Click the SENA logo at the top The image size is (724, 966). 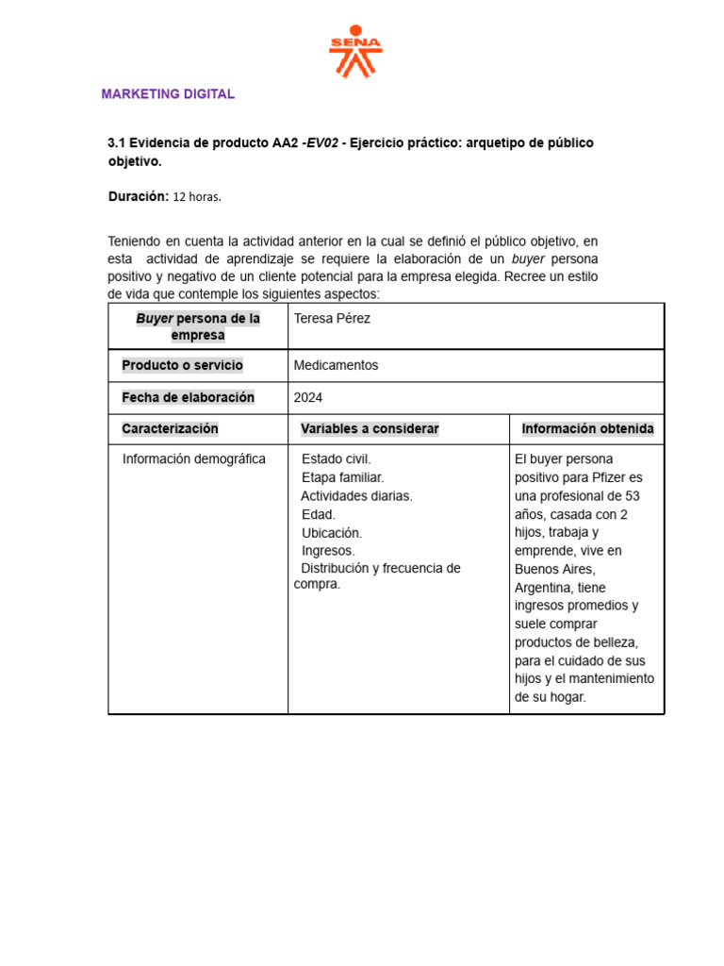[x=355, y=52]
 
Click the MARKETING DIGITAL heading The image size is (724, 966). [x=168, y=94]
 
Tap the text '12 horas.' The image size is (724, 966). [x=197, y=196]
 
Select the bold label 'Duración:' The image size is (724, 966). [x=139, y=196]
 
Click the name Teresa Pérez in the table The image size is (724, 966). [x=332, y=319]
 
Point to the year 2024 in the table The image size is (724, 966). [x=308, y=397]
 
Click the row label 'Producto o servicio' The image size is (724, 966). [x=182, y=365]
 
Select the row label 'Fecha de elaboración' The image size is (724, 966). [x=188, y=397]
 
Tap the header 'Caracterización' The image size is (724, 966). [x=170, y=429]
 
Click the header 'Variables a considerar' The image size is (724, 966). [x=370, y=429]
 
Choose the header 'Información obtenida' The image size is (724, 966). [x=587, y=429]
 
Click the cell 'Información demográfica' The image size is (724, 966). [x=194, y=459]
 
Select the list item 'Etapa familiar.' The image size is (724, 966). [x=342, y=477]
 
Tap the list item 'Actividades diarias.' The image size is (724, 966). [x=356, y=495]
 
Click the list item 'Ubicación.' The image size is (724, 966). [x=331, y=532]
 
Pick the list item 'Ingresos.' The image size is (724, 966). [x=328, y=550]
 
